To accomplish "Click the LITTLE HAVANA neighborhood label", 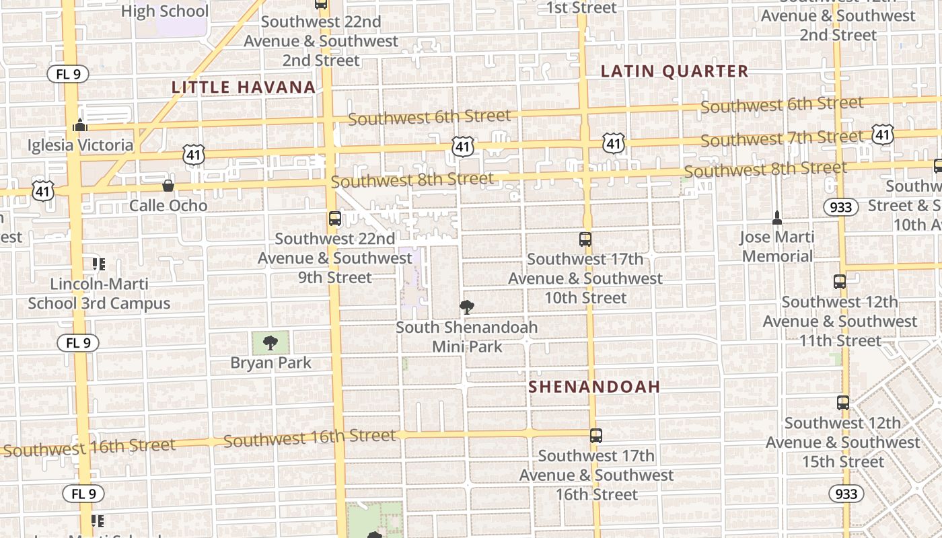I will click(x=244, y=87).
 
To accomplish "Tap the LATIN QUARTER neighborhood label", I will click(x=674, y=71).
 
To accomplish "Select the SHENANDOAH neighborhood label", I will click(x=594, y=387).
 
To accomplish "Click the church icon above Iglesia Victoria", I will click(x=80, y=126).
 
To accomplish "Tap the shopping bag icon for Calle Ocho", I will click(x=168, y=186).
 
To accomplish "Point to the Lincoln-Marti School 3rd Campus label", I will click(x=99, y=293).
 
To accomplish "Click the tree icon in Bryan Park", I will click(x=270, y=343).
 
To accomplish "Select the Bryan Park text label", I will click(x=270, y=363).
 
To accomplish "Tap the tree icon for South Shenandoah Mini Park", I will click(x=466, y=307).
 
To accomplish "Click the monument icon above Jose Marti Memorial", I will click(x=777, y=217).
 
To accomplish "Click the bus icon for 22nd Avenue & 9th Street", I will click(x=334, y=219).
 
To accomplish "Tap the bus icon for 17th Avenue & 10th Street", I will click(x=585, y=239).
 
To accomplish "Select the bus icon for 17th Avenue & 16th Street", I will click(x=595, y=435).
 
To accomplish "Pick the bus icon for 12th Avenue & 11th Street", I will click(x=840, y=282).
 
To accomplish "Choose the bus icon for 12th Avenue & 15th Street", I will click(x=842, y=403).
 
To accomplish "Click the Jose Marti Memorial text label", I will click(x=777, y=246).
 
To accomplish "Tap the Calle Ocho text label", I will click(x=168, y=205).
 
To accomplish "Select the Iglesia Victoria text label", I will click(x=80, y=145).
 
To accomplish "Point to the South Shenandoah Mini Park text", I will click(x=466, y=337).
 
